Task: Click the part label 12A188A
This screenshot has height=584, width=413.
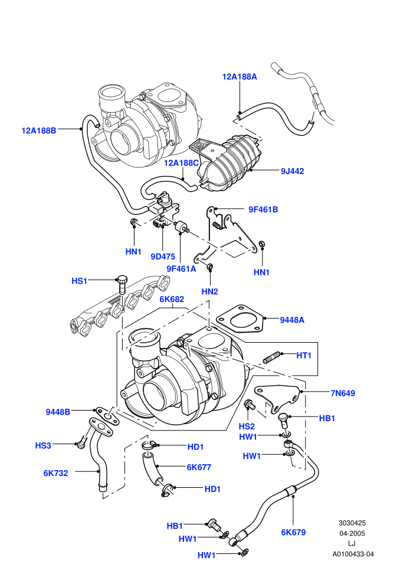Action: click(x=240, y=77)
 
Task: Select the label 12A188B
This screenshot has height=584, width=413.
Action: click(x=39, y=131)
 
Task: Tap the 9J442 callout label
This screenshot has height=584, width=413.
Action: click(x=292, y=171)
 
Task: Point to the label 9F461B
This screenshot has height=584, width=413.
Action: click(x=263, y=209)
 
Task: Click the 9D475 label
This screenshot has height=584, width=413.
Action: click(x=163, y=257)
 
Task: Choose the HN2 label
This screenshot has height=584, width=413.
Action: click(x=209, y=291)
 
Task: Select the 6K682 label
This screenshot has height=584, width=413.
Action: click(x=172, y=300)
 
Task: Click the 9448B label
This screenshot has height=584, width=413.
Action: click(x=58, y=412)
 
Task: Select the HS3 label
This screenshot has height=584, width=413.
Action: click(x=43, y=445)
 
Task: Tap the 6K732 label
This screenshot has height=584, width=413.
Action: click(x=55, y=473)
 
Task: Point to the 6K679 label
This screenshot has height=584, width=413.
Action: click(x=293, y=533)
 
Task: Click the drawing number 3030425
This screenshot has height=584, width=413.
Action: click(x=352, y=523)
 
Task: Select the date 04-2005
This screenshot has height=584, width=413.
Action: click(x=352, y=533)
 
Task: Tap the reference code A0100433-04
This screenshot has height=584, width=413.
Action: click(x=353, y=554)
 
